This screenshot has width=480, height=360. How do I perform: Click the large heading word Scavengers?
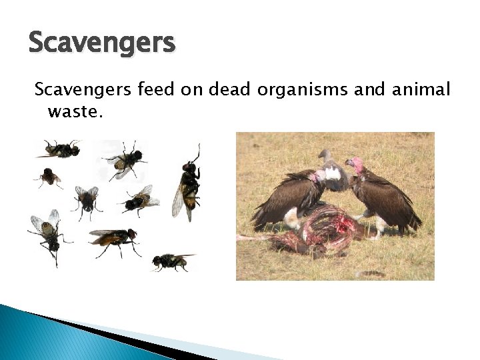(102, 43)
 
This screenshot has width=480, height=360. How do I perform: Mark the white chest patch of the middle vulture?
(332, 174)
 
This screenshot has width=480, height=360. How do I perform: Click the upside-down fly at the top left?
(61, 149)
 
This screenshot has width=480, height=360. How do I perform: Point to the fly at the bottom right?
(171, 261)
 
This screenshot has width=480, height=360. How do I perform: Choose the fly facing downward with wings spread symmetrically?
(87, 199)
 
